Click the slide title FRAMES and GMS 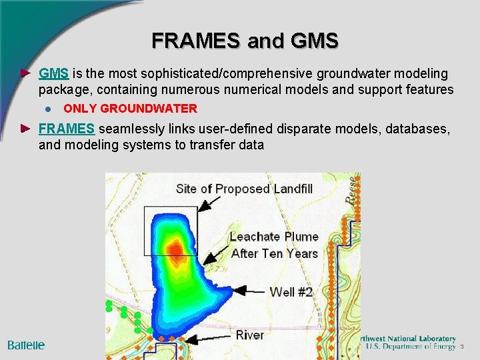pos(245,41)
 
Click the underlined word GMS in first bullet pos(54,73)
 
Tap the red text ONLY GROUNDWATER pos(130,108)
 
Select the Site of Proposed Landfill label pos(244,189)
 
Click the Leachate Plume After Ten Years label pos(274,245)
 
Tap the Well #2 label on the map pos(291,292)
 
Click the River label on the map pos(249,335)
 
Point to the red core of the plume pos(175,249)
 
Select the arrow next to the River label pos(207,339)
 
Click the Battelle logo pos(26,345)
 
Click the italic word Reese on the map pos(350,190)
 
